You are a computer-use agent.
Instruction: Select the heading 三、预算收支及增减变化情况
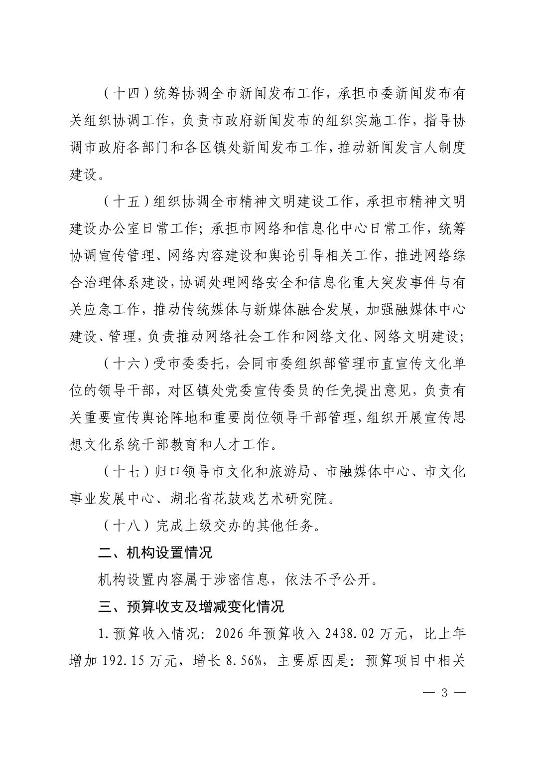coord(191,606)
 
